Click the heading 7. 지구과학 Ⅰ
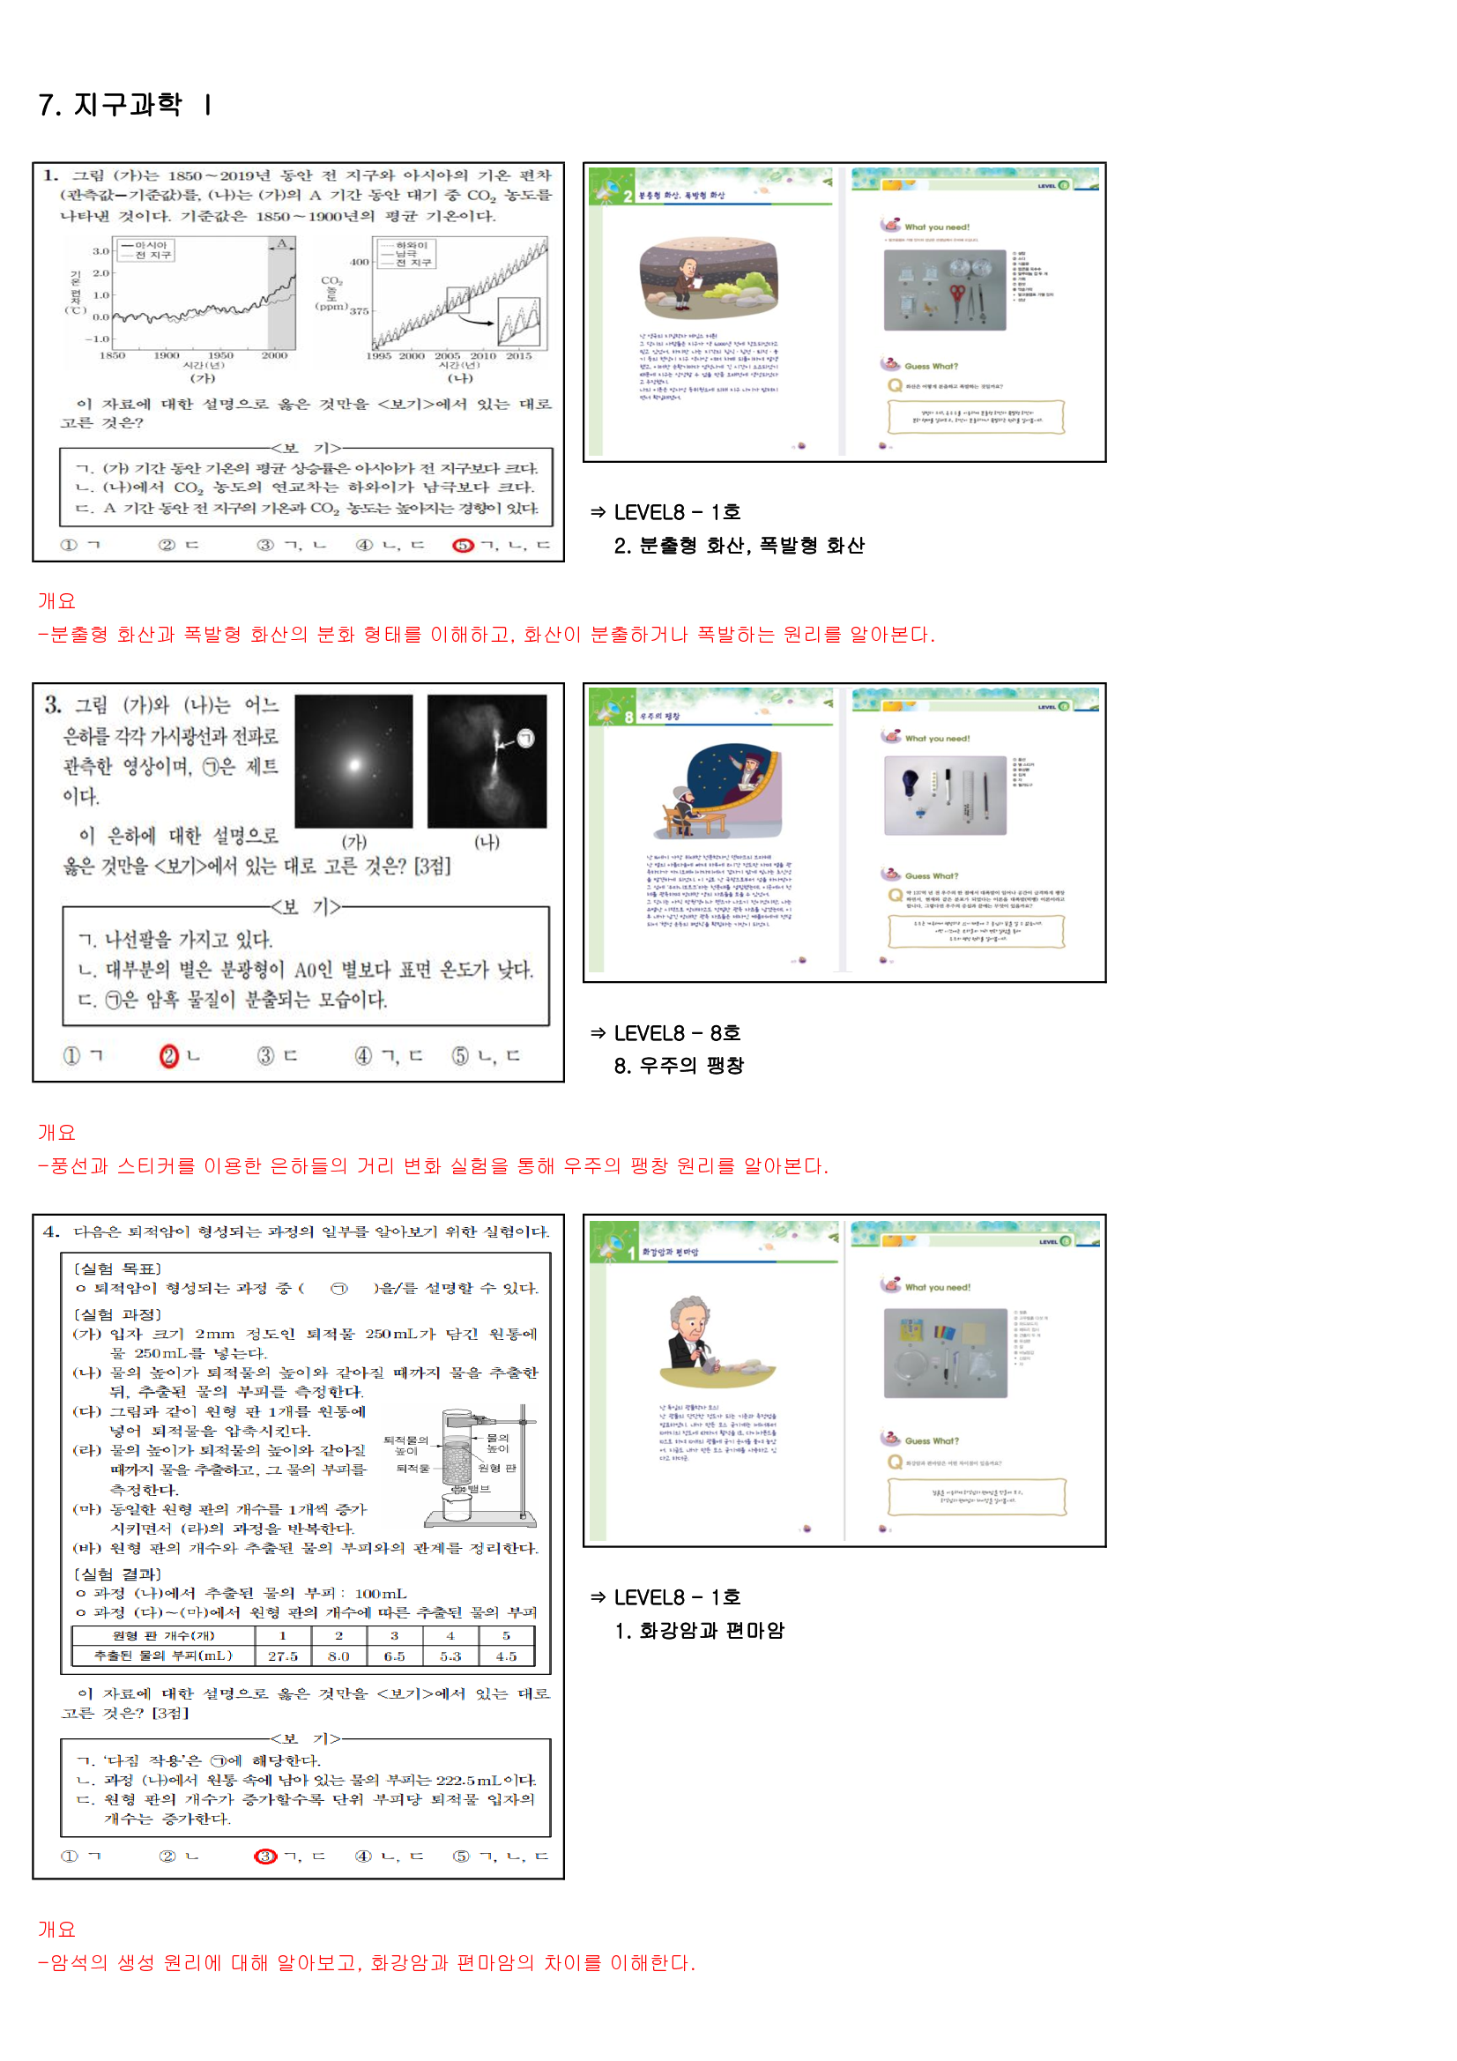pos(126,105)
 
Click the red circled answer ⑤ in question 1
pos(463,545)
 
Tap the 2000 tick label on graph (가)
pos(274,356)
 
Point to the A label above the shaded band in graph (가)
pos(281,243)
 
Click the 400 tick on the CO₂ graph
pos(359,262)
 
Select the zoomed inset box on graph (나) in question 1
pos(520,322)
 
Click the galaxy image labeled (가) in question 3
pos(353,762)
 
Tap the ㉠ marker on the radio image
pos(526,738)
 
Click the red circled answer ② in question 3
pos(168,1057)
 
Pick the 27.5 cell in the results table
pos(283,1656)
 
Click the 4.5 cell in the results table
pos(506,1656)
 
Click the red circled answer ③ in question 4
pos(264,1856)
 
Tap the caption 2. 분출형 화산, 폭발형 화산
pos(739,546)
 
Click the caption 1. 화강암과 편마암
pos(699,1631)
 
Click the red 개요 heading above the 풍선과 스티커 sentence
pos(56,1133)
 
